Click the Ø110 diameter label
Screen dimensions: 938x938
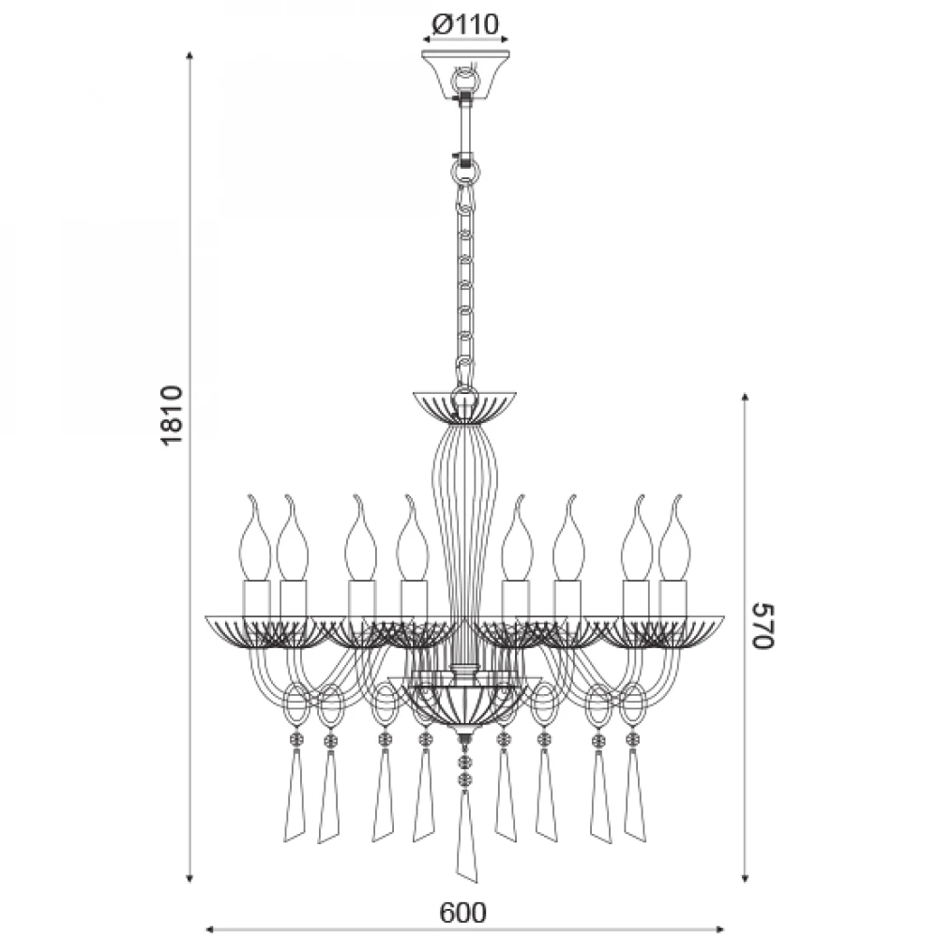(x=465, y=24)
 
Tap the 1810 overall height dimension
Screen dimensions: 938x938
(x=173, y=416)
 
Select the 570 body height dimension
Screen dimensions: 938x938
(x=763, y=625)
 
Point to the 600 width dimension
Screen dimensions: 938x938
(x=463, y=913)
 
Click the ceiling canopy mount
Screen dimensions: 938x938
(x=465, y=74)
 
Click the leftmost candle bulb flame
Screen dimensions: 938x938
(x=254, y=537)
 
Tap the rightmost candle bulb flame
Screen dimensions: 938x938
(x=674, y=537)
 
